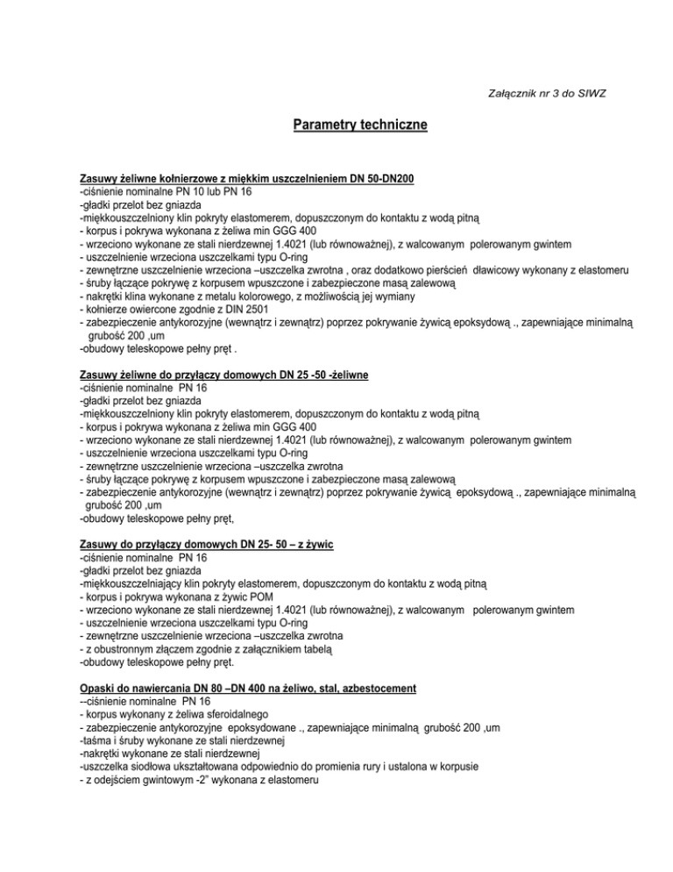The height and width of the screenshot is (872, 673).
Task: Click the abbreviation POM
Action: click(x=249, y=596)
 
